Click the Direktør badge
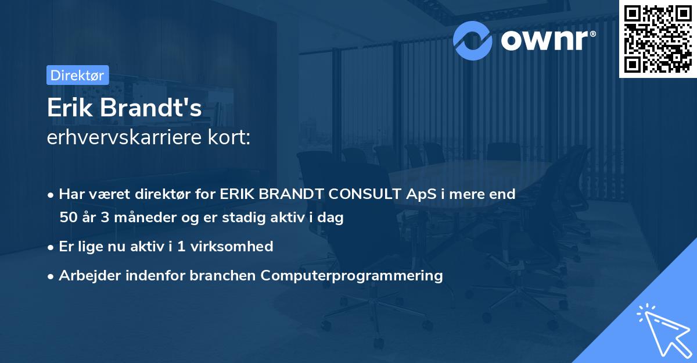pyautogui.click(x=77, y=75)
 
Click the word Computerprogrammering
pyautogui.click(x=352, y=275)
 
